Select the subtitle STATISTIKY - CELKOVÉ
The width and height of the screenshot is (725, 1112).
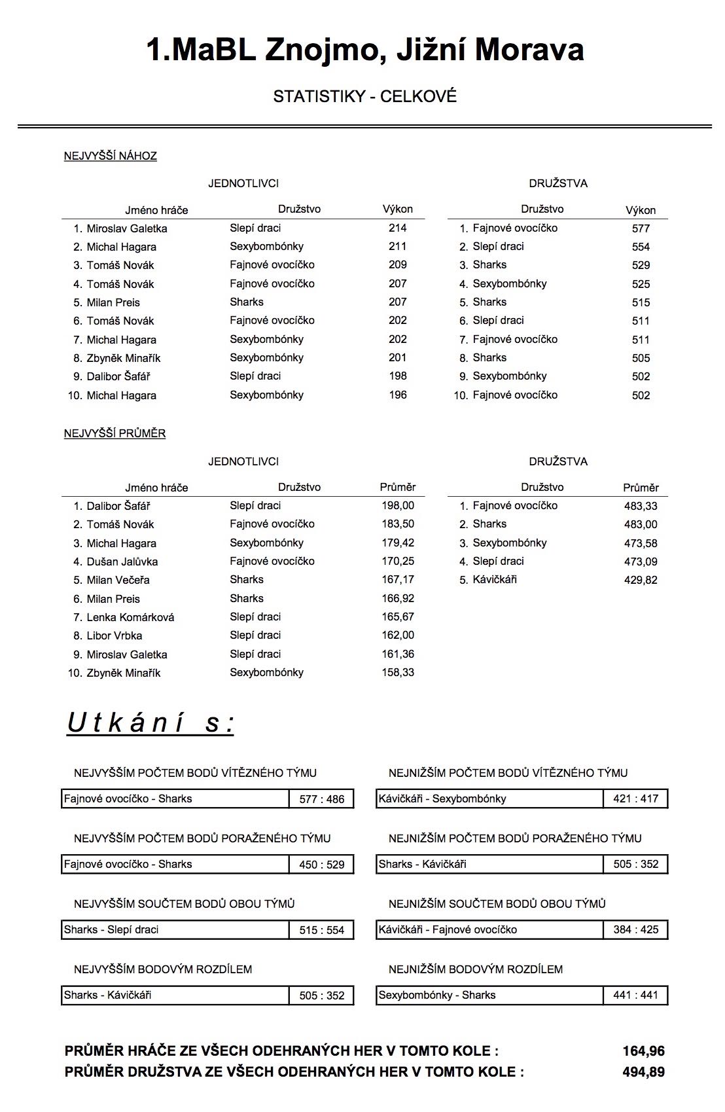(x=364, y=97)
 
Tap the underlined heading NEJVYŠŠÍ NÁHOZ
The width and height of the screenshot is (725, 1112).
(x=110, y=156)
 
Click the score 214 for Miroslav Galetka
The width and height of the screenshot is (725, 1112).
(x=397, y=228)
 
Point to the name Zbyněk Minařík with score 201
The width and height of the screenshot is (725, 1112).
(x=123, y=358)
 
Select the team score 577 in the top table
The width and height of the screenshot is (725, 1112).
(x=641, y=228)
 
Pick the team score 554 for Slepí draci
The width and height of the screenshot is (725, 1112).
(x=641, y=247)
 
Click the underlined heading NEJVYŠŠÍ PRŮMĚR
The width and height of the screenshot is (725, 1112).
(x=115, y=433)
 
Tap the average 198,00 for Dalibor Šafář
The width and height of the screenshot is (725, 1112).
(x=398, y=505)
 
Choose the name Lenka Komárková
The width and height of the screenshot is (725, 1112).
(x=130, y=617)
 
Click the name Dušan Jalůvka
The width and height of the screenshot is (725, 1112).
(x=122, y=562)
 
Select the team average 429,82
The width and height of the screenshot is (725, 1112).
(x=641, y=580)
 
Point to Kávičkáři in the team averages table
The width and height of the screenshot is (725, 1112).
(x=495, y=579)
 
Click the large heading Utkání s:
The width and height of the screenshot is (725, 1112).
(x=150, y=723)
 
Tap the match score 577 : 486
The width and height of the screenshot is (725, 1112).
(x=321, y=799)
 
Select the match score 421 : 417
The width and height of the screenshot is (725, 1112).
(x=635, y=798)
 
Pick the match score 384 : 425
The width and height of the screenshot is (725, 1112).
(x=635, y=929)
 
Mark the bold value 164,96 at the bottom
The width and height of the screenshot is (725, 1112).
(x=643, y=1051)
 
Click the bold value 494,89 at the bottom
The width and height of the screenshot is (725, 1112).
(x=643, y=1072)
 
